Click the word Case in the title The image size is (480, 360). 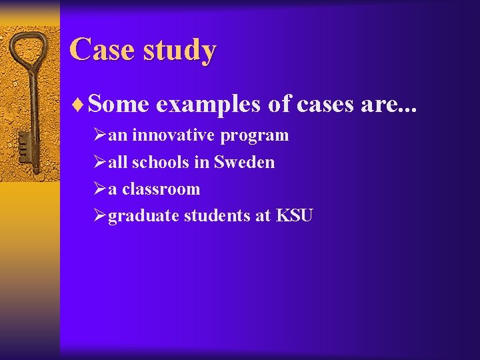tap(101, 49)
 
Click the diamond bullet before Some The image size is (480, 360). tap(81, 105)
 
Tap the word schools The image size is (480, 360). tap(166, 162)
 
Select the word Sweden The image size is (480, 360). tap(244, 162)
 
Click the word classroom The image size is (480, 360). tap(161, 189)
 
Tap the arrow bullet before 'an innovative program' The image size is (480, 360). tap(100, 135)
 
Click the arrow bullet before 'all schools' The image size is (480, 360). tap(100, 162)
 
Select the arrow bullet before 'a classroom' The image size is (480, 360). tap(100, 189)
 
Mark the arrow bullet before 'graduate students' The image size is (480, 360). tap(100, 215)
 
